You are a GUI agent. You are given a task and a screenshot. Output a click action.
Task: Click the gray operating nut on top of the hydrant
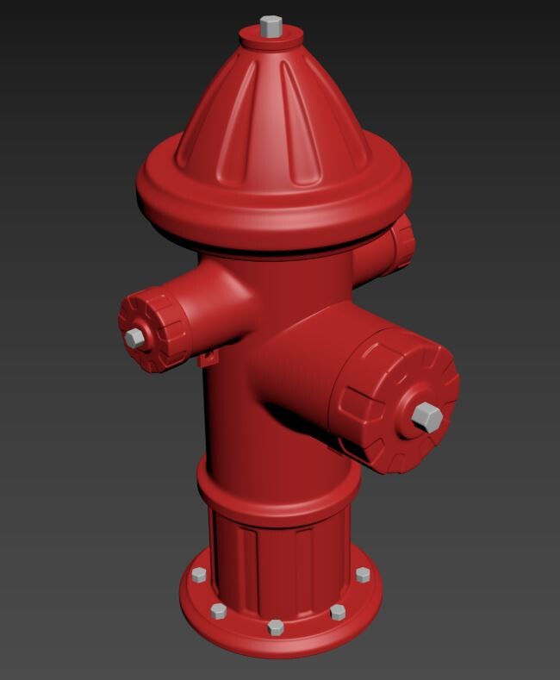pos(271,26)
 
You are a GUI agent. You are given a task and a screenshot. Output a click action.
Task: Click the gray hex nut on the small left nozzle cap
pos(134,337)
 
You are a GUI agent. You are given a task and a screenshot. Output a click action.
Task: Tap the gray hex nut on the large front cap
pos(426,417)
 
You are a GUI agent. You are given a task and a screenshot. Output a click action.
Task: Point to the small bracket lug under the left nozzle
pos(208,356)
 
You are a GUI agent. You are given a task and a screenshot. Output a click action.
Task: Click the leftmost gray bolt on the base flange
pos(199,576)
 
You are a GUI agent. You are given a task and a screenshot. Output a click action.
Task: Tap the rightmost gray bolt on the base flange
pos(363,575)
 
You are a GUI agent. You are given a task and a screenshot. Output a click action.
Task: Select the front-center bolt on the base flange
pos(275,627)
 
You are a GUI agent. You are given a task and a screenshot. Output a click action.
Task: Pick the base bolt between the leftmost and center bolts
pos(218,612)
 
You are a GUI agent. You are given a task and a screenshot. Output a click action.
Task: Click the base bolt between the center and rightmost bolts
pos(338,612)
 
